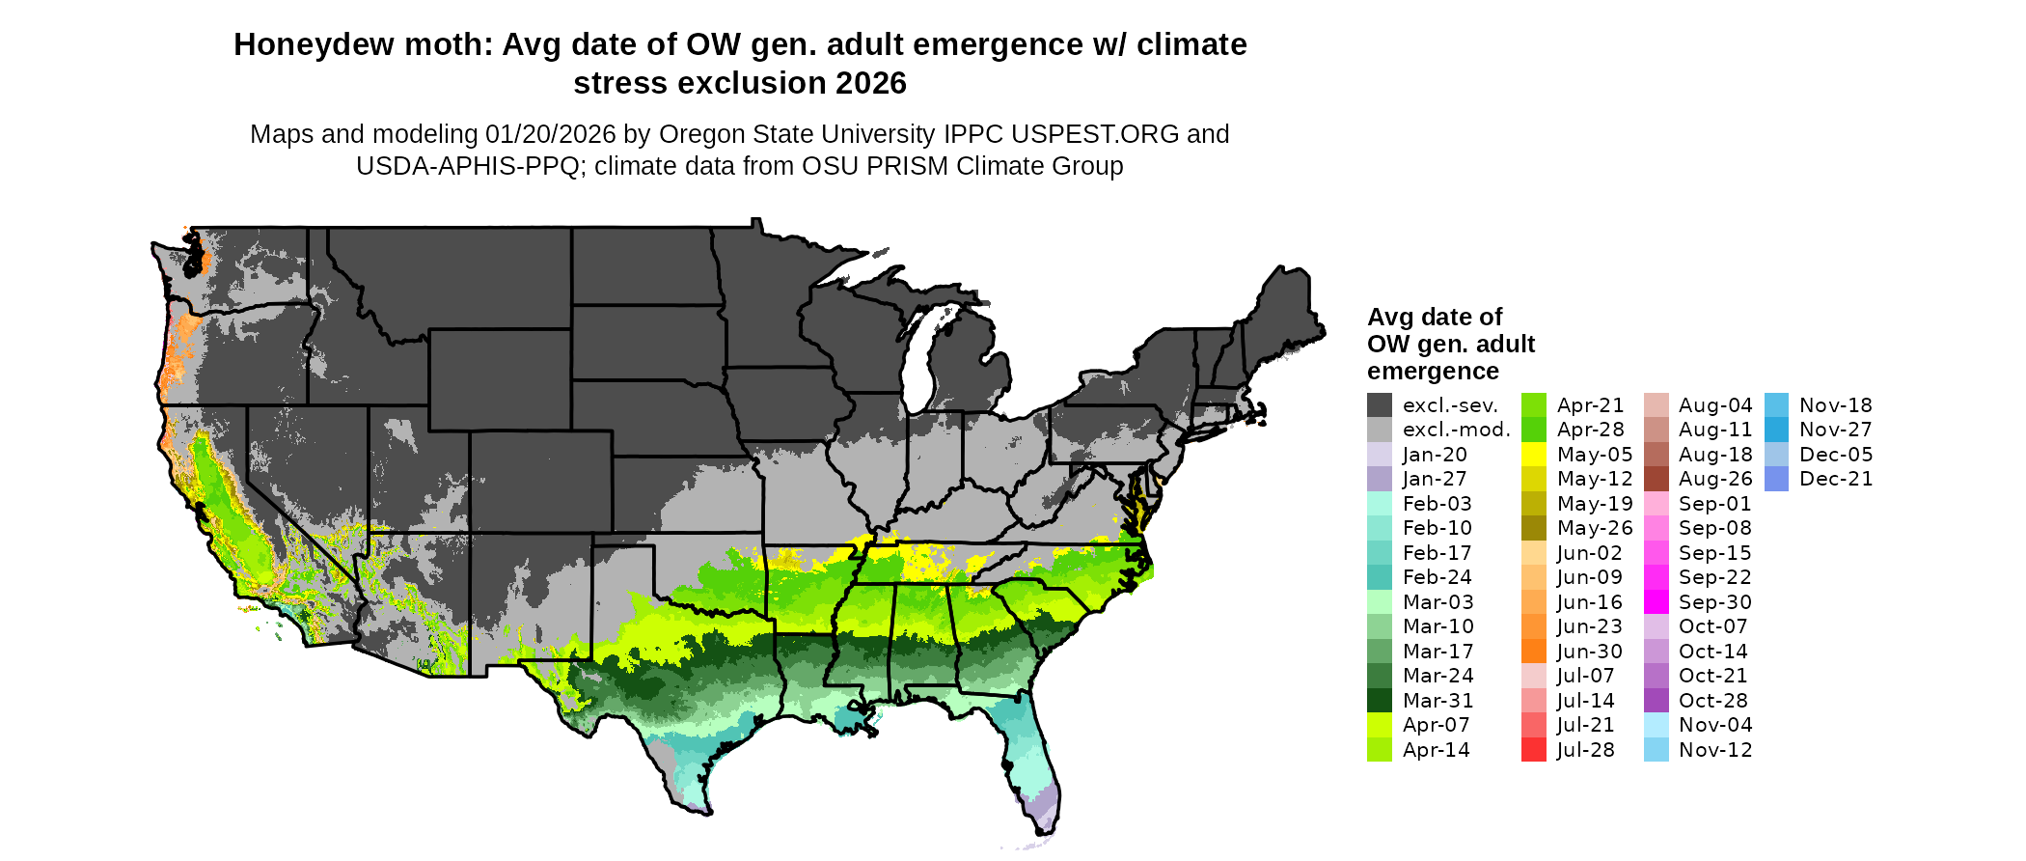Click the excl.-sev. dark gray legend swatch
coord(1380,405)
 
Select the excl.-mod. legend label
coord(1457,430)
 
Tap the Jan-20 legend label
coord(1435,455)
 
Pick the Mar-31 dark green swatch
coord(1380,701)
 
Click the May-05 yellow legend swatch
coord(1534,455)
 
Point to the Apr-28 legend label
coord(1591,430)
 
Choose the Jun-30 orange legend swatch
coord(1534,652)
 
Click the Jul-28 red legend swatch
coord(1534,750)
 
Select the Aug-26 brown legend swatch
coord(1656,479)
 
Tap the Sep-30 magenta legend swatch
coord(1656,602)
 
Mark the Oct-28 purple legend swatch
coord(1656,701)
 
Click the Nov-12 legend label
coord(1715,750)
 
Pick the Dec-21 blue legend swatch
coord(1776,479)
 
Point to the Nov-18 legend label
coord(1836,405)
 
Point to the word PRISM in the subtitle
coord(911,166)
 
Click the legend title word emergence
coord(1433,372)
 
